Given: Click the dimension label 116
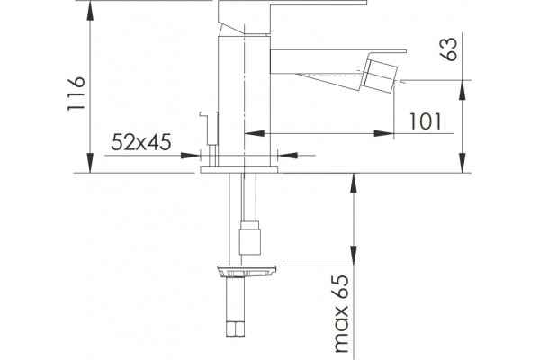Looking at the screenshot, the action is point(76,94).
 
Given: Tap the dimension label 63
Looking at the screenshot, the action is point(449,49).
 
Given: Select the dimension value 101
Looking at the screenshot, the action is point(425,121).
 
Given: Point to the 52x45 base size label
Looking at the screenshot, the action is point(141,142).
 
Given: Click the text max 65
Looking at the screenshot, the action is point(342,314).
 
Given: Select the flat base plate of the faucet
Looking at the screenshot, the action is point(239,170).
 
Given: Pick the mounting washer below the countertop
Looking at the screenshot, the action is point(247,271).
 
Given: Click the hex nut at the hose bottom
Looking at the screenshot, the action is point(236,328).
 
